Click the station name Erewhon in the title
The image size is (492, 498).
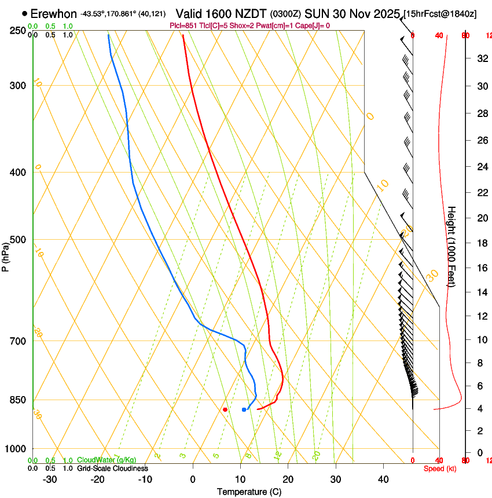click(53, 13)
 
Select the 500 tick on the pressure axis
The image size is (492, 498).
click(19, 240)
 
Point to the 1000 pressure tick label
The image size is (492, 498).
click(16, 449)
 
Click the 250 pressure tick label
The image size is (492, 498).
click(19, 30)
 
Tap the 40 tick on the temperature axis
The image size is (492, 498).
click(383, 479)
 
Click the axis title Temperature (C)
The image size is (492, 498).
click(249, 492)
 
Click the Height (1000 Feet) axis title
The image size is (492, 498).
click(452, 246)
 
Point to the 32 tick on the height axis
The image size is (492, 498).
click(481, 58)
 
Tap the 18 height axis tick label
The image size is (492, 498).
click(481, 243)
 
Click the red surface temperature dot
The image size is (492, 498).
click(225, 409)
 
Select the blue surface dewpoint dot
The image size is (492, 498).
click(244, 409)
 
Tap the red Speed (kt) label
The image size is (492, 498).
click(440, 468)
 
